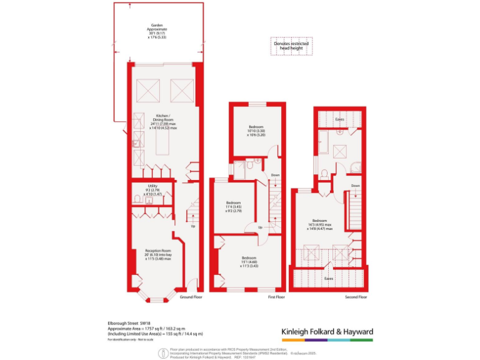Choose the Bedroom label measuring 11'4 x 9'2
(x=234, y=206)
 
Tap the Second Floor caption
(x=356, y=297)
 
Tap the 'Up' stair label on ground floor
(x=192, y=226)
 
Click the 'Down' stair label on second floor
(x=355, y=186)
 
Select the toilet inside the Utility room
(x=137, y=199)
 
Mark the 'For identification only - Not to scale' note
(x=129, y=339)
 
